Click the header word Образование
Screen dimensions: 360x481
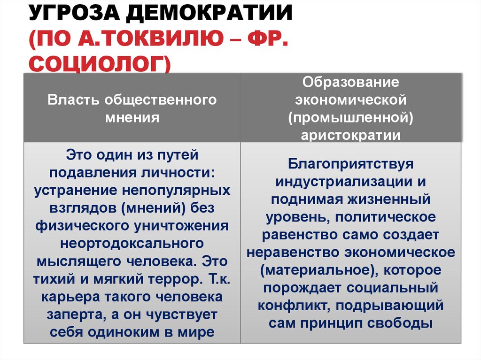pyautogui.click(x=350, y=83)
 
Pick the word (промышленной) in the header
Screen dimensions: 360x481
pyautogui.click(x=350, y=117)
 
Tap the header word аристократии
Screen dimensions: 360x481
pyautogui.click(x=350, y=135)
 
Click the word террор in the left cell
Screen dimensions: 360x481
pyautogui.click(x=176, y=279)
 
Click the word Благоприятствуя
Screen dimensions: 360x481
pyautogui.click(x=350, y=164)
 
